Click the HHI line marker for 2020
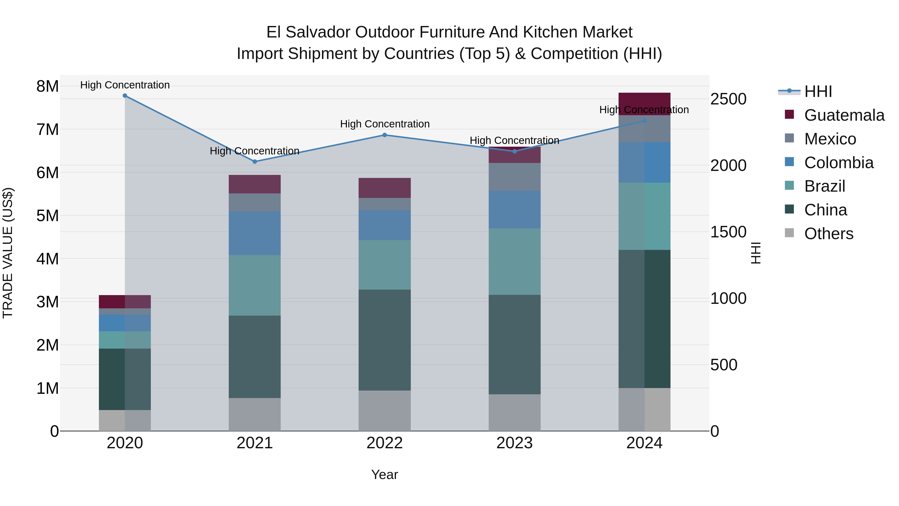tap(125, 96)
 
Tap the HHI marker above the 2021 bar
tap(255, 162)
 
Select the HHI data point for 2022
tap(385, 135)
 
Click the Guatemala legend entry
tap(844, 115)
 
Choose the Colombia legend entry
tap(839, 163)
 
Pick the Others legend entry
tap(829, 234)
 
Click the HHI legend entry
tap(818, 91)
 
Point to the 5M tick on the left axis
tap(47, 216)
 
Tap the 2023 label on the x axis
tap(514, 443)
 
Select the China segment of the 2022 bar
tap(385, 340)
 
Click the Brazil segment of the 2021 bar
tap(255, 285)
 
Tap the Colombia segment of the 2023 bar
tap(514, 210)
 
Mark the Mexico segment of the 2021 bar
tap(255, 202)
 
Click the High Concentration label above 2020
tap(125, 85)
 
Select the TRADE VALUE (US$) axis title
tap(8, 253)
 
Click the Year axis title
tap(385, 475)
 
